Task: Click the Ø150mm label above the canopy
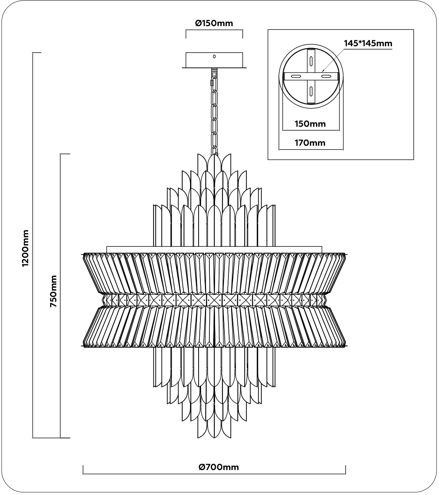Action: tap(214, 23)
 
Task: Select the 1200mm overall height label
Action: tap(25, 248)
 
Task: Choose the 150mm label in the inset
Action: tap(310, 124)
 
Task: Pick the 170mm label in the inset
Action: tap(310, 143)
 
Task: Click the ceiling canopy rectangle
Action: tap(214, 60)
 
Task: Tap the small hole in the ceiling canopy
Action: tap(214, 56)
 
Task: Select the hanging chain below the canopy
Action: tap(215, 112)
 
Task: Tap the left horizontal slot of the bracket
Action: tap(296, 76)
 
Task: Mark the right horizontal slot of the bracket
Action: tap(326, 76)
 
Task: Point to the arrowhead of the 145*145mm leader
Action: tap(322, 70)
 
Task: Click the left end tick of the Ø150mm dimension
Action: tap(186, 32)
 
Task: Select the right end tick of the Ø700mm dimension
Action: tap(345, 470)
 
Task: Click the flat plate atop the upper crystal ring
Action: tap(214, 249)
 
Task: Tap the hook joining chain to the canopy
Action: tap(214, 71)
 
